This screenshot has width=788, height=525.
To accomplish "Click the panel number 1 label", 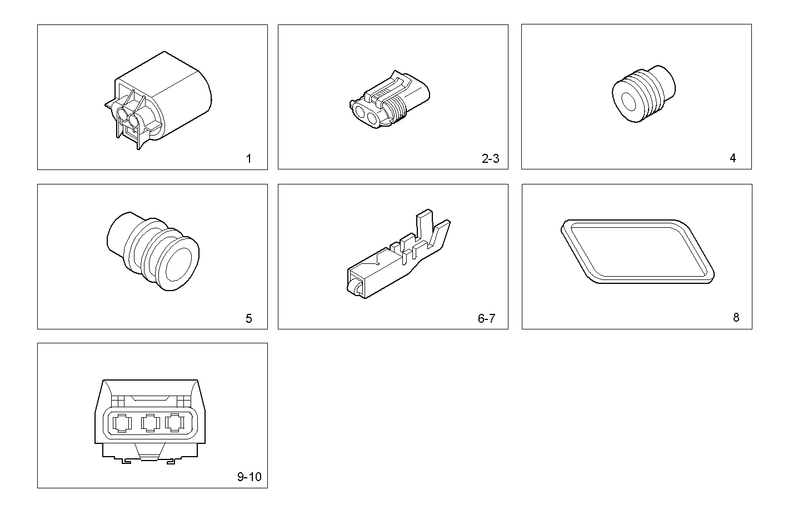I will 248,159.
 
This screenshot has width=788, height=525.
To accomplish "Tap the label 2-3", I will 490,159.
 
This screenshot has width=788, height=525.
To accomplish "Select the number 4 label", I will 732,158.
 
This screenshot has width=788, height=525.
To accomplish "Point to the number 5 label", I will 248,318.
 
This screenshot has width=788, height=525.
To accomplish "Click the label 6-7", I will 486,318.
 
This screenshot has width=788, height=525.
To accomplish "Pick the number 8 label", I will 736,318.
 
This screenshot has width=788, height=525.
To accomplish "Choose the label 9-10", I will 249,477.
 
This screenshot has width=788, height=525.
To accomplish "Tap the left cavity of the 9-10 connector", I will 121,424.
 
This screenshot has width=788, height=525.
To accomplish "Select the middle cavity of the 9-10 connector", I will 149,424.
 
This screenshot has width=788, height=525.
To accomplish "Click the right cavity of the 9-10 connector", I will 175,424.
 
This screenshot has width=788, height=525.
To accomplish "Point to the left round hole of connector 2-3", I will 362,114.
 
